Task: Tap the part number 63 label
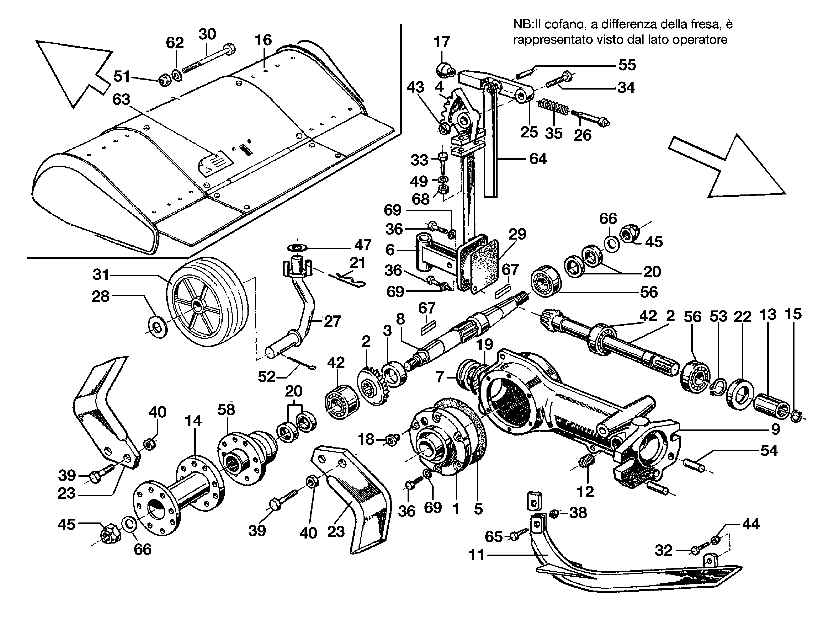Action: [x=121, y=100]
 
